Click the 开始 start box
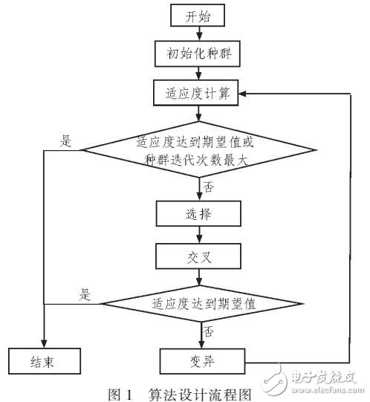[x=197, y=16]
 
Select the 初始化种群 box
[x=197, y=55]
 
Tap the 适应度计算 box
[x=197, y=94]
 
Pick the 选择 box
[x=197, y=214]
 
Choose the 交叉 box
[x=197, y=259]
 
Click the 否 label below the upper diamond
[x=209, y=187]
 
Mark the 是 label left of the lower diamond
[x=85, y=294]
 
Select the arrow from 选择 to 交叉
[x=197, y=236]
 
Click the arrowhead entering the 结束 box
[x=44, y=343]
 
